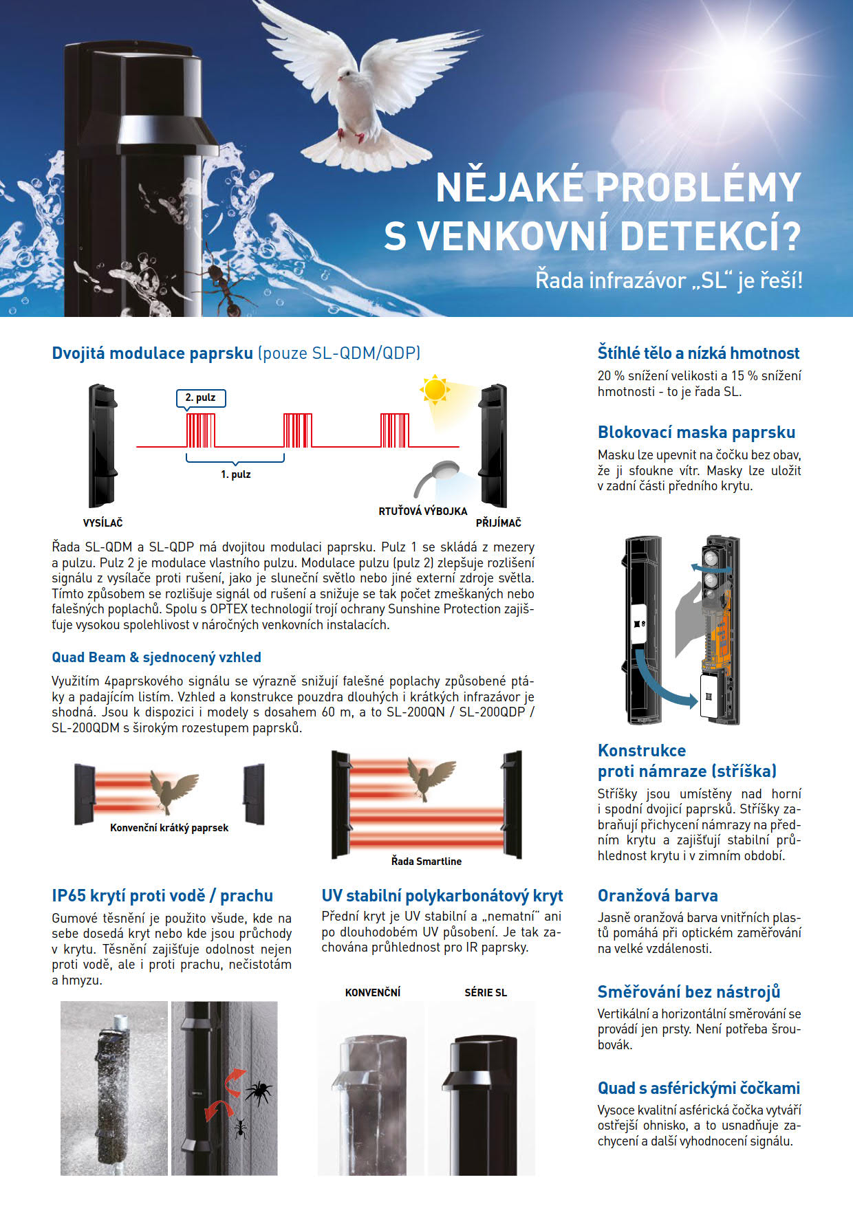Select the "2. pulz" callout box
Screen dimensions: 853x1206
201,397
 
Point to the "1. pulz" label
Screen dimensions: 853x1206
235,474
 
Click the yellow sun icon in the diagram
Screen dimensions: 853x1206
435,390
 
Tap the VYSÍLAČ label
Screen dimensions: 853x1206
102,523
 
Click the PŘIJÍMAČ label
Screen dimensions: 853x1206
499,523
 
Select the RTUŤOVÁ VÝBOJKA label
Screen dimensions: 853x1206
423,511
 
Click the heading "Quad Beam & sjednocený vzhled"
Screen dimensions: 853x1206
156,657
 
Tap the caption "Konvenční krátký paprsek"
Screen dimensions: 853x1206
169,828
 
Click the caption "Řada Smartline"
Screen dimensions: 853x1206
426,861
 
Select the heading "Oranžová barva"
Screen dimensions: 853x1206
658,895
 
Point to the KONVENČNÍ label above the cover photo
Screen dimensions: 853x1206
373,992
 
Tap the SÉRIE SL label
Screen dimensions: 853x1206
486,992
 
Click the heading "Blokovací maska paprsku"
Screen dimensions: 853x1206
696,432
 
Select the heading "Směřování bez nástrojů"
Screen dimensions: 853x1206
689,991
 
